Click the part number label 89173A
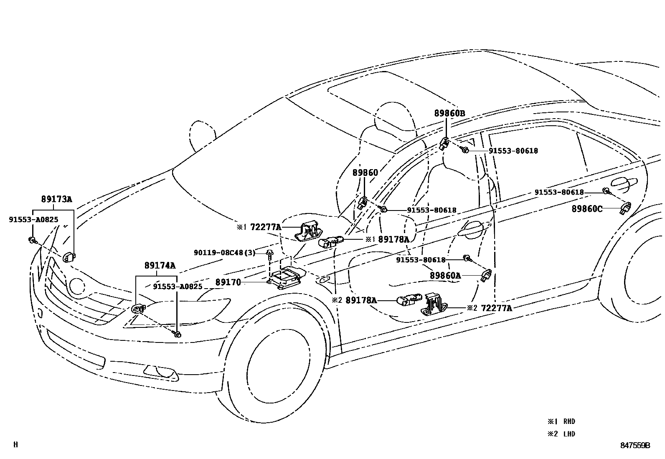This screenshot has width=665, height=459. [x=56, y=199]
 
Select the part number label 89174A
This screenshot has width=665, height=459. [x=160, y=265]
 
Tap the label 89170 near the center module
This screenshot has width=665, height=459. [x=228, y=282]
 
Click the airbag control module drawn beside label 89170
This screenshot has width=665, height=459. [x=287, y=277]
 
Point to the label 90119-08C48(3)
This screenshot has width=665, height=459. [x=224, y=253]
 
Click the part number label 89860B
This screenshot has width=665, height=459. [x=449, y=113]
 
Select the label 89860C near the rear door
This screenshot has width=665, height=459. [x=586, y=209]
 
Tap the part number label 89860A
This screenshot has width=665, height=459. [x=445, y=276]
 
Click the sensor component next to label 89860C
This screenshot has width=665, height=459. [x=625, y=207]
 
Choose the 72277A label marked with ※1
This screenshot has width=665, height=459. [x=265, y=227]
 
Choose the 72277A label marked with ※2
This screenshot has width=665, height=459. [x=496, y=308]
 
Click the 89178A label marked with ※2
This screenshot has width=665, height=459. [x=361, y=300]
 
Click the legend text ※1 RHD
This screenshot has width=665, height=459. [x=561, y=421]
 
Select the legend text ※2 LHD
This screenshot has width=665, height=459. [x=561, y=434]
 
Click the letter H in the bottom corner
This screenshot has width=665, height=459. [x=15, y=445]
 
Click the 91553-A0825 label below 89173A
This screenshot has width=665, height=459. [x=33, y=219]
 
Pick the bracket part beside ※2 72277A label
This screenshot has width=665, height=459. [x=434, y=304]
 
